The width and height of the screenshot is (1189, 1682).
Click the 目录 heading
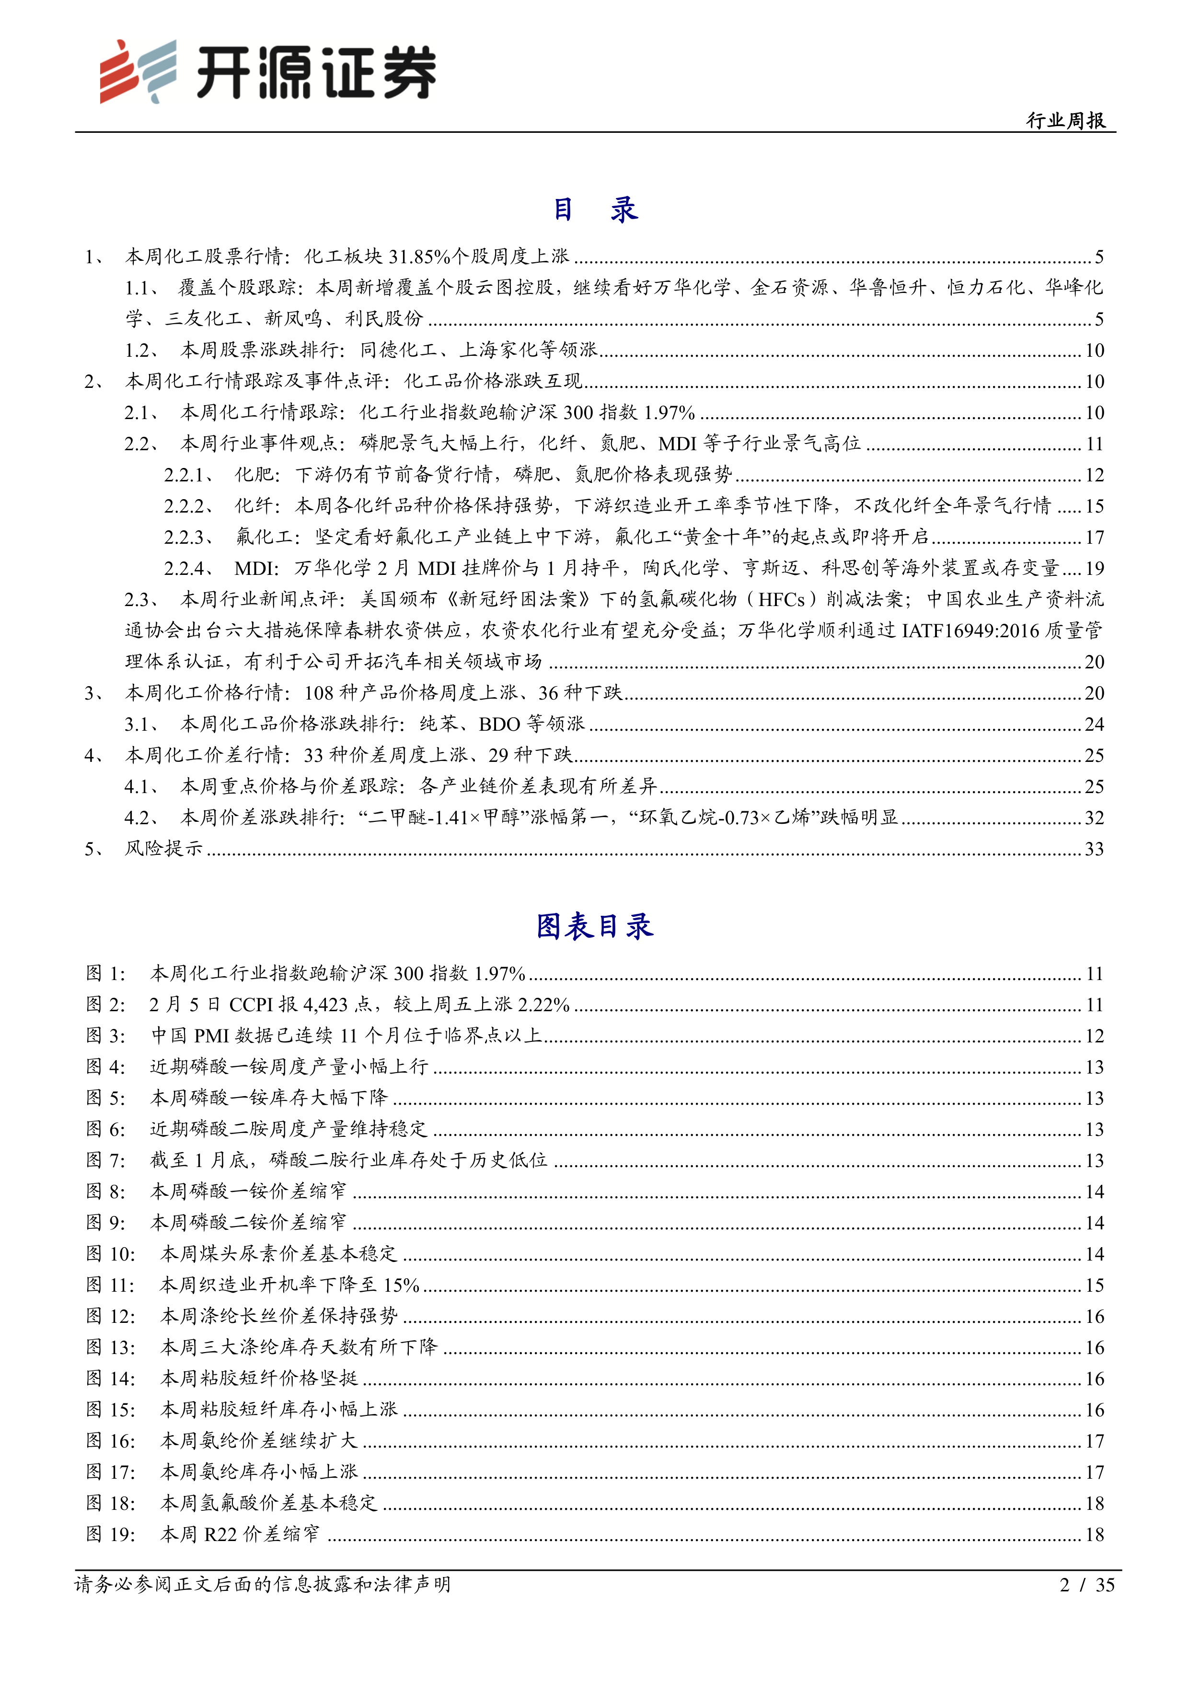pos(594,210)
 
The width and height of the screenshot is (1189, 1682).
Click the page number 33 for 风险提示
pos(1094,849)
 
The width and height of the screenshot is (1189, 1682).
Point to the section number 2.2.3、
pos(189,537)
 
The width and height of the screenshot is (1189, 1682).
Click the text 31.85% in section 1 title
pos(419,257)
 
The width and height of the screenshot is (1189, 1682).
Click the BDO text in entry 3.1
pos(499,724)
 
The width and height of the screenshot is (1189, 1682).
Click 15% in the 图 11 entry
pos(401,1285)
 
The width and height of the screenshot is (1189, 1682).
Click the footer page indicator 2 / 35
pos(1086,1585)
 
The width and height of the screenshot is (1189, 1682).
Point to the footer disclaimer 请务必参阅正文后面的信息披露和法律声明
pos(262,1585)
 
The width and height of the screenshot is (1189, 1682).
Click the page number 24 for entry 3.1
pos(1094,724)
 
